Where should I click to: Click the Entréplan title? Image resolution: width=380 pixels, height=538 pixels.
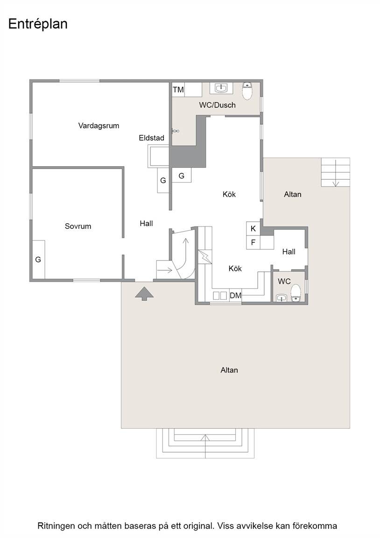click(38, 24)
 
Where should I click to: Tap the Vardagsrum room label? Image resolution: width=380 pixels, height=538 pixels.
click(99, 126)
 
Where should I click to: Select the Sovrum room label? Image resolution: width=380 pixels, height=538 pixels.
click(78, 226)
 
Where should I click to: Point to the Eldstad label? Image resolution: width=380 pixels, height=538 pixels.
click(152, 138)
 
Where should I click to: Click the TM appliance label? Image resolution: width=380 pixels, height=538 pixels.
click(178, 90)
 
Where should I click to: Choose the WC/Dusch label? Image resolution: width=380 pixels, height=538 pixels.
click(218, 105)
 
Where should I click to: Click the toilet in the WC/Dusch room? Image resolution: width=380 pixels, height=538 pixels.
click(247, 91)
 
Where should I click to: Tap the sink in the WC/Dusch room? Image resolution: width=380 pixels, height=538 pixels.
click(222, 88)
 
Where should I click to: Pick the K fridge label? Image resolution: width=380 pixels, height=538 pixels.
click(253, 228)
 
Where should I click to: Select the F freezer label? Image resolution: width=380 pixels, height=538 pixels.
click(253, 242)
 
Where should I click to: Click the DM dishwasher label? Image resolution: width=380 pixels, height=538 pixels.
click(236, 296)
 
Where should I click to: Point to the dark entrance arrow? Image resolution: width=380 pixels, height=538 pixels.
click(144, 294)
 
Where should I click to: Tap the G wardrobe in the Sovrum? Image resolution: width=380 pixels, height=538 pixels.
click(38, 260)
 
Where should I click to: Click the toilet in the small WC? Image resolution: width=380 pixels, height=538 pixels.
click(296, 293)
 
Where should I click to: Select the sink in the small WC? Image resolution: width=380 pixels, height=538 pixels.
click(281, 298)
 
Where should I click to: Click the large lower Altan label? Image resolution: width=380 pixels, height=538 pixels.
click(229, 370)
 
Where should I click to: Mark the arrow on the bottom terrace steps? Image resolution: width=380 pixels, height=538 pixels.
click(205, 446)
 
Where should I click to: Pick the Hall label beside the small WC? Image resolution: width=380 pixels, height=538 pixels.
click(289, 252)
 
